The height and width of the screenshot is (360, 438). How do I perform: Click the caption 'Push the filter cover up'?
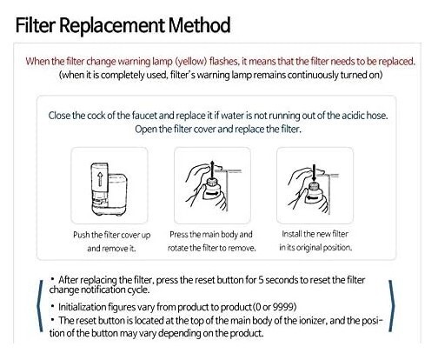(109, 235)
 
